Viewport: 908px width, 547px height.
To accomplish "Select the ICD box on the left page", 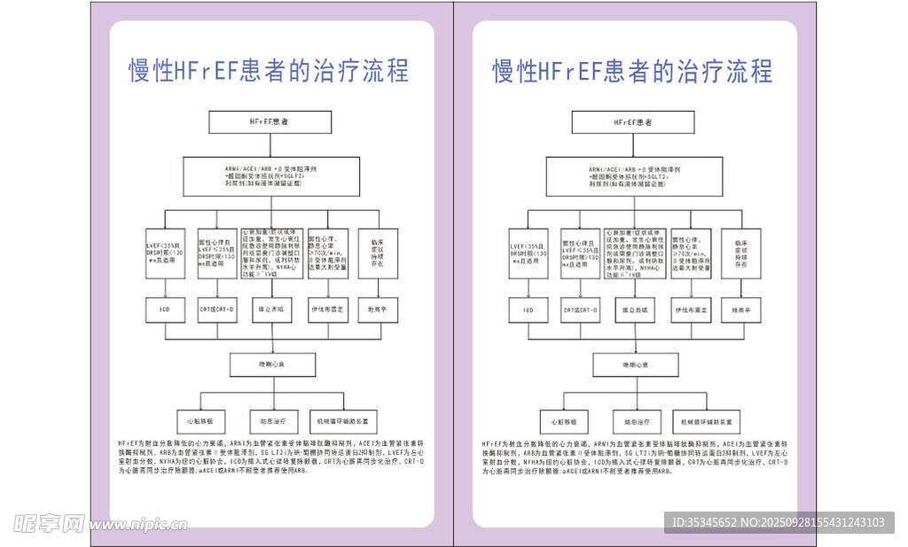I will point(166,309).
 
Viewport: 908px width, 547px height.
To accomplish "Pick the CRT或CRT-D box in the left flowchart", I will point(217,309).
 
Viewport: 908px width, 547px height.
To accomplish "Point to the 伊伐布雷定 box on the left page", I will point(328,309).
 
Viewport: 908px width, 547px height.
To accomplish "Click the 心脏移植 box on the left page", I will point(196,421).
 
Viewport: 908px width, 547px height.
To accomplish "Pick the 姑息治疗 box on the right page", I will point(634,421).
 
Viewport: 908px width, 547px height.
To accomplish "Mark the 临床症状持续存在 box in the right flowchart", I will point(740,254).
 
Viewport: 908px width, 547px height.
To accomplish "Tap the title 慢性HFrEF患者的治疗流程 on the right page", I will point(633,71).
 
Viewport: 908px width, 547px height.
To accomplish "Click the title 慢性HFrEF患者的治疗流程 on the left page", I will point(270,71).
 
